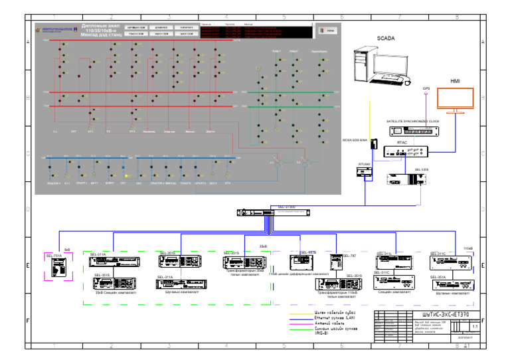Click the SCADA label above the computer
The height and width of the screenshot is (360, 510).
386,39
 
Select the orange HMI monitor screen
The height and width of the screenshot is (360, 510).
456,99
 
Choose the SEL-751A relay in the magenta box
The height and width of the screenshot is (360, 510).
59,267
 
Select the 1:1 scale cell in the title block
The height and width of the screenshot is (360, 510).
474,327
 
